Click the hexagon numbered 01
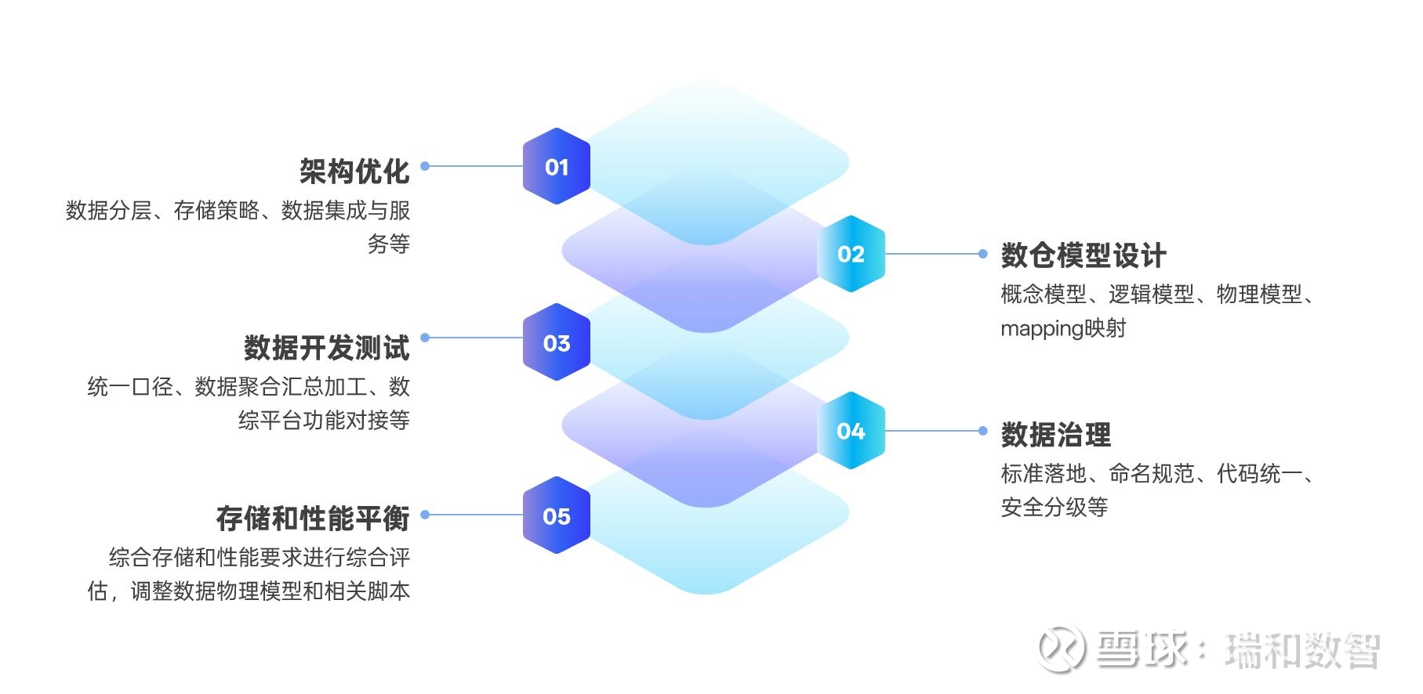click(x=557, y=166)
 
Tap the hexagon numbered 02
click(x=851, y=254)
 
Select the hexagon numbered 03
click(x=557, y=342)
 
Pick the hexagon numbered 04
click(x=851, y=431)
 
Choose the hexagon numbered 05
click(x=557, y=515)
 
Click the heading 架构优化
click(x=354, y=171)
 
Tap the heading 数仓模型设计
click(x=1084, y=255)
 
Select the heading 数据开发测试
click(x=327, y=348)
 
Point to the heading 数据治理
click(x=1056, y=435)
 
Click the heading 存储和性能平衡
click(x=313, y=519)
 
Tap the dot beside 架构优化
click(x=425, y=166)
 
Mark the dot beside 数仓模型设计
click(x=983, y=254)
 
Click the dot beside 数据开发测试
click(x=425, y=338)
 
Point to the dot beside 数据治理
click(x=983, y=431)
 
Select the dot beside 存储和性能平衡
click(x=425, y=515)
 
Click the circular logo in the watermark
click(x=1062, y=649)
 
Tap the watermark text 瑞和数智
click(x=1302, y=651)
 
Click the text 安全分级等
click(x=1055, y=508)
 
